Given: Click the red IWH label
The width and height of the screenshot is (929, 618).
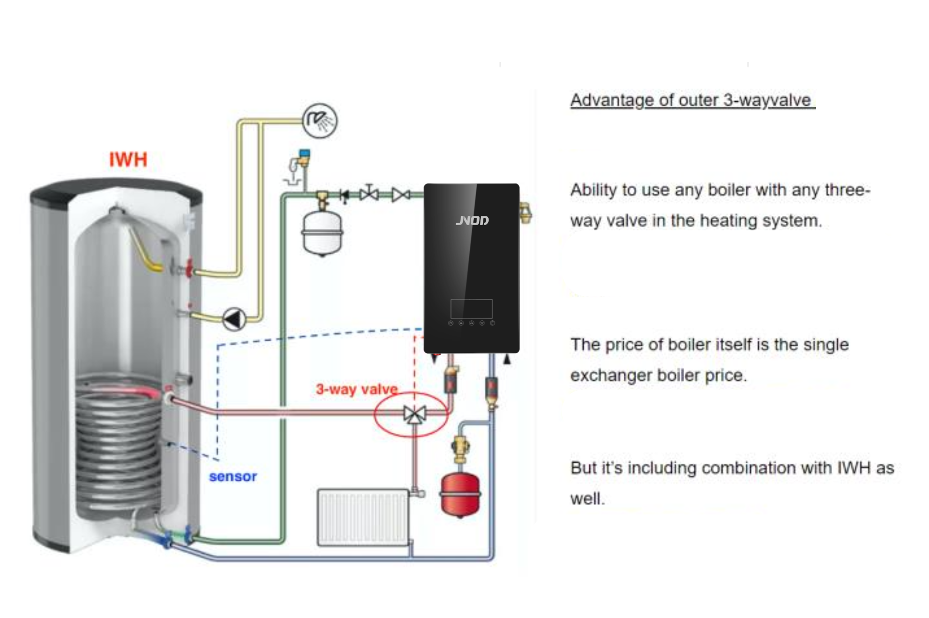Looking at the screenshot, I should tap(128, 160).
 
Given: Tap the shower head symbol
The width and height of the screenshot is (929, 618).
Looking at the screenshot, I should tap(320, 120).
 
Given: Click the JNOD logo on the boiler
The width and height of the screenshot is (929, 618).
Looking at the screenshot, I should tap(472, 221).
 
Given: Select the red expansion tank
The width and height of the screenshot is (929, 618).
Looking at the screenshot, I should tap(460, 494).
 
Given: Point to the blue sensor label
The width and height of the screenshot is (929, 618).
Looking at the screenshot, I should tap(233, 477).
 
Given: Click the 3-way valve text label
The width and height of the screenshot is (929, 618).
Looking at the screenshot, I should tap(357, 389).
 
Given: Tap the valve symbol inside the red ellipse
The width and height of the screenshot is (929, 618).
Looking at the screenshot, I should tap(414, 414).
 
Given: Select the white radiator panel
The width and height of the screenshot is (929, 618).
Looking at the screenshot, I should tap(363, 517).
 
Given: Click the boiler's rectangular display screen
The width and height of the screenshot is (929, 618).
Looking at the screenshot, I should tap(471, 309).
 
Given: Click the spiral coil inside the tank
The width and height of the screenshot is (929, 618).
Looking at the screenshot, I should tap(119, 445).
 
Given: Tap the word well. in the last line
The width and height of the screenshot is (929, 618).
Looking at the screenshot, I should tap(587, 499).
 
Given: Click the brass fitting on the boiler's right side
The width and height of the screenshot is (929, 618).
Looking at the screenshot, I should tap(525, 213).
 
